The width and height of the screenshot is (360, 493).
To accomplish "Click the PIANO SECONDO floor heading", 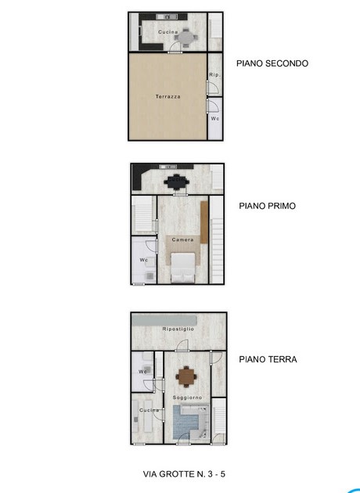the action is pos(272,63).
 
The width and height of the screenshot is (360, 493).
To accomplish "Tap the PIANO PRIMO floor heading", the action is pos(268,206).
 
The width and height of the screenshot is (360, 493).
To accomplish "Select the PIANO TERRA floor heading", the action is pos(268,359).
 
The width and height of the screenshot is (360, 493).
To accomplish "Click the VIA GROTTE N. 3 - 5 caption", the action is pos(184,474).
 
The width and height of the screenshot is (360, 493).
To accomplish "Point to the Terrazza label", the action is pos(168,96).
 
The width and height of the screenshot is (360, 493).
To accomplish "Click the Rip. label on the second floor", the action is pos(215,75).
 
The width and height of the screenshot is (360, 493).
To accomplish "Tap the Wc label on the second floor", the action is pos(215,118).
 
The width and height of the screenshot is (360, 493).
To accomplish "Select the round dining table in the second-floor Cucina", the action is pos(185,38).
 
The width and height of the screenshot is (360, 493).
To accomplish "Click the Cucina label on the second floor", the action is pos(168,32).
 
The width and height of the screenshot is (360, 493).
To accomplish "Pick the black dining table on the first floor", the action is pos(176,182).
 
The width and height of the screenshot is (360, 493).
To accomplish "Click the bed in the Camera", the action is pos(182,268).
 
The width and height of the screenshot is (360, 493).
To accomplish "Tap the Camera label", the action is pos(182,239).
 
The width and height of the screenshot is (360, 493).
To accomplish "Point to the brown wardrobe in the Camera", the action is pos(204,222).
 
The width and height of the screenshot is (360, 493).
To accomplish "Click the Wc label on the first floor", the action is pos(144,260).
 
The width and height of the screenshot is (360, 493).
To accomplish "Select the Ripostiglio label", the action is pos(178,329).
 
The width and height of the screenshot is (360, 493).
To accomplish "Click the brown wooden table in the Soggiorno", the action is pos(186,376).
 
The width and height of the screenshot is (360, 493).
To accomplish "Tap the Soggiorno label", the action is pos(187,398).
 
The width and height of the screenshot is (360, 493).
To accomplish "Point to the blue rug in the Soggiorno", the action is pos(186,423).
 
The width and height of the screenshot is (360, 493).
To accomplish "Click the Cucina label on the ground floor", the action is pos(149,410).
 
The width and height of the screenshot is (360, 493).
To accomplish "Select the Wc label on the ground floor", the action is pos(142,372).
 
